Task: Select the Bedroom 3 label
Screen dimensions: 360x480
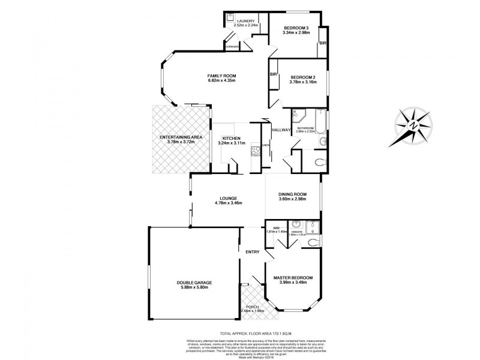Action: click(x=296, y=28)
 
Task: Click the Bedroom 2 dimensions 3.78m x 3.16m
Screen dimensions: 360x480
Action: click(x=302, y=82)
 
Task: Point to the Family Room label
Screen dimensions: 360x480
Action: click(x=221, y=76)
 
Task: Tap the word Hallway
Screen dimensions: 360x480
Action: click(x=281, y=130)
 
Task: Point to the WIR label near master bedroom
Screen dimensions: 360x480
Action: click(x=277, y=227)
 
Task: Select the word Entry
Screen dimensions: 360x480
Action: click(x=252, y=251)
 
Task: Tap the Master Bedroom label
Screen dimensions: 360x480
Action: click(x=293, y=278)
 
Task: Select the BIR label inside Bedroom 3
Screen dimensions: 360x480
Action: click(x=322, y=43)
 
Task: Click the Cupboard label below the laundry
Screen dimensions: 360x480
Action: click(x=232, y=46)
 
